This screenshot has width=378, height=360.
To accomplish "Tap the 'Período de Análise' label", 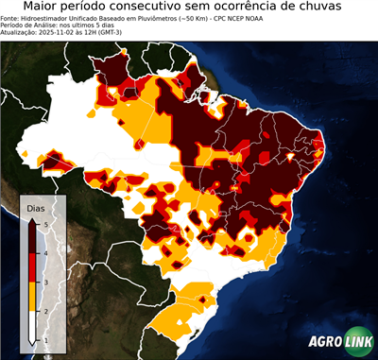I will point(33,25).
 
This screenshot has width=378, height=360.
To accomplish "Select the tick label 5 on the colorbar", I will point(44,224).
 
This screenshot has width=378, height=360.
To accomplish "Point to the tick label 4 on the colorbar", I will point(44,252).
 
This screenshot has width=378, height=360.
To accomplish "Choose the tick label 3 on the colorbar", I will point(44,282).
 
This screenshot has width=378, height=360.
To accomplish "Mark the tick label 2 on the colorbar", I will point(44,310).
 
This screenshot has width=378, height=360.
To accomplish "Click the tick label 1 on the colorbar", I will point(44,338).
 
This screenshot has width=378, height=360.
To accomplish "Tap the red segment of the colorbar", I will point(34,267).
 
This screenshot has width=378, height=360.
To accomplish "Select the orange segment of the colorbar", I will point(34,296).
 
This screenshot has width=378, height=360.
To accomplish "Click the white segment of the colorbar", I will point(34,324).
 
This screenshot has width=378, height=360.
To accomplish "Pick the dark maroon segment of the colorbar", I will point(34,238).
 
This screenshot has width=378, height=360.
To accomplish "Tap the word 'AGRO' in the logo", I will point(325,343).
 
